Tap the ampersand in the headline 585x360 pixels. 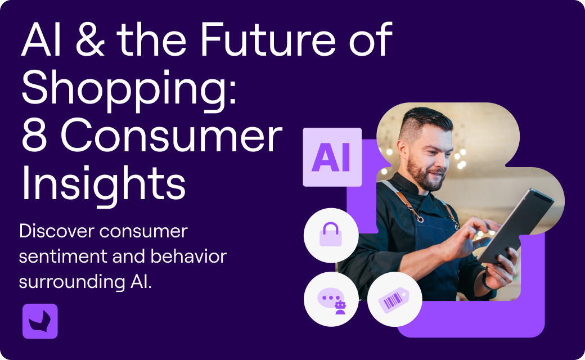[x=90, y=40]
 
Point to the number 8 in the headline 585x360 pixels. [x=34, y=135]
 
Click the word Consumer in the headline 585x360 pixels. [x=171, y=136]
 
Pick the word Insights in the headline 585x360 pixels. [x=103, y=185]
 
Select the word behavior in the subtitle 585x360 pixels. [x=188, y=256]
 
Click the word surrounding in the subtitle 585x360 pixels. [x=72, y=282]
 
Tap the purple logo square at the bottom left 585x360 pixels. [x=40, y=321]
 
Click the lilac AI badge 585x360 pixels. [x=332, y=157]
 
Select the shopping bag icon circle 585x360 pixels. [x=331, y=235]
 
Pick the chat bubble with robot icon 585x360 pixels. [x=331, y=300]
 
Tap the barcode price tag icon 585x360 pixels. [x=395, y=300]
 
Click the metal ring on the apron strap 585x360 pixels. [x=421, y=219]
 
